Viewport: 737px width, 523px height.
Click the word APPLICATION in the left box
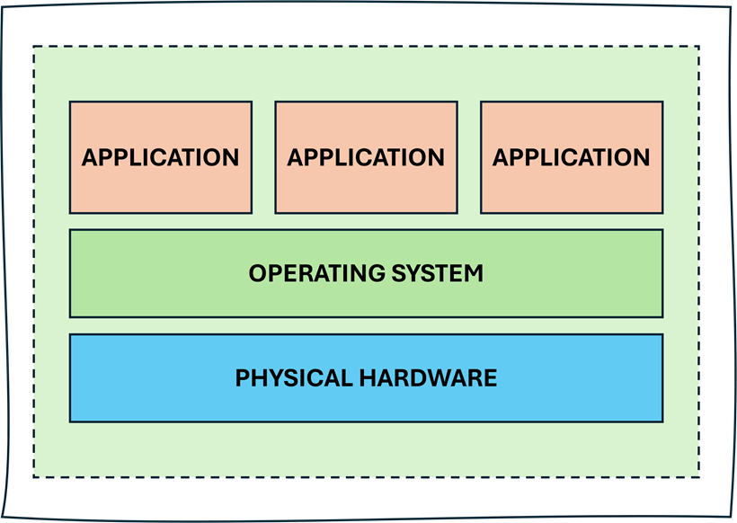coord(160,157)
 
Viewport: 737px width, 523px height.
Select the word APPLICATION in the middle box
coord(366,157)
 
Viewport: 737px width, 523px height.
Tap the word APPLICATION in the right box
coord(571,157)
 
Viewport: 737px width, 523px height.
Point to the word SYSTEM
coord(435,273)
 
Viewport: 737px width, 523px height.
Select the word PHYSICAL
coord(293,377)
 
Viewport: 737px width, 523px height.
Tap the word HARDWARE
coord(428,377)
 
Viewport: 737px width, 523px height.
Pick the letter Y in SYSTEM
coord(415,273)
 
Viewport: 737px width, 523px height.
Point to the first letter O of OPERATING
coord(257,273)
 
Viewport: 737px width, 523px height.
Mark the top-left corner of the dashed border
coord(34,47)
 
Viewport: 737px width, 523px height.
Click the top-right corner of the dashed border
coord(699,47)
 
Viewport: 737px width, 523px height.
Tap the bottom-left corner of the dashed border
coord(34,476)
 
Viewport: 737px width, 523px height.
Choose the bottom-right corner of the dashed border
coord(699,476)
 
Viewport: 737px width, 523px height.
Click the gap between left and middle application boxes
coord(263,157)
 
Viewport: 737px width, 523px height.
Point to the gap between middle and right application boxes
coord(469,157)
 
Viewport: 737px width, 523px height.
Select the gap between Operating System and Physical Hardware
coord(366,325)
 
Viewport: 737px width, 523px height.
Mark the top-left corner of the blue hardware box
coord(70,334)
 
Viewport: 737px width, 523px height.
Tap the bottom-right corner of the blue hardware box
coord(662,421)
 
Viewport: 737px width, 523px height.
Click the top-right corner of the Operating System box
coord(662,229)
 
